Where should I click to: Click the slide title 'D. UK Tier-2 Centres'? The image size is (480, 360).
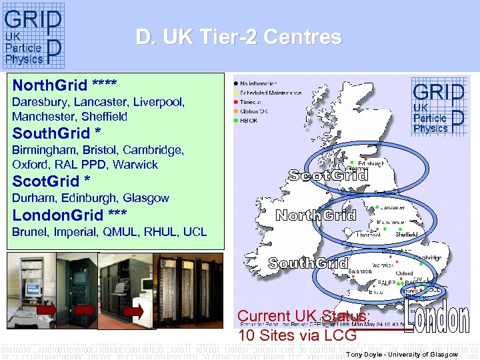[239, 37]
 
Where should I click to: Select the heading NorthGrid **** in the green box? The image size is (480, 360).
[65, 85]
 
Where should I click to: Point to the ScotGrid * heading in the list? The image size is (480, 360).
[51, 181]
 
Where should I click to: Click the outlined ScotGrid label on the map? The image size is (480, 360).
[327, 175]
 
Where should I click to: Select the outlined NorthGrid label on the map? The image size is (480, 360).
[316, 215]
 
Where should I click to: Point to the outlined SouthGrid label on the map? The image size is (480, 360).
[307, 263]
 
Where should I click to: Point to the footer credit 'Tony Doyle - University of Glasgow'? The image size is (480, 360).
[402, 355]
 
